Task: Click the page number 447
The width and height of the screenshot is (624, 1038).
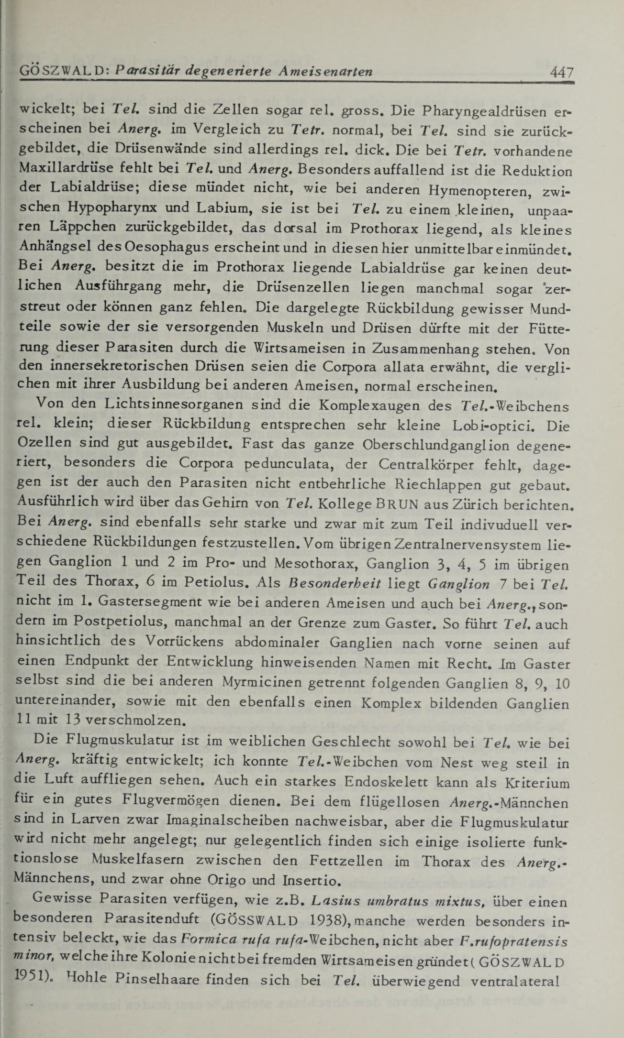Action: click(561, 72)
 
